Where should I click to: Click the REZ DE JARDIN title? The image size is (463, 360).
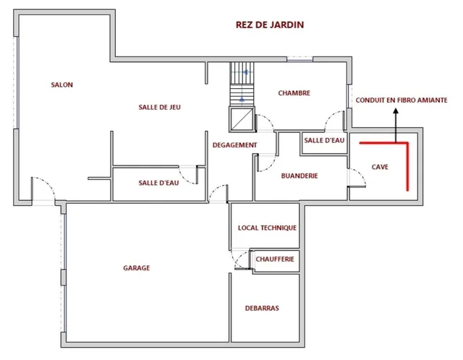tap(270, 25)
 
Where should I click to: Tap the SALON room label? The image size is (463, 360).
tap(61, 85)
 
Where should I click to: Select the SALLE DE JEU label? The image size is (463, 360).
tap(159, 107)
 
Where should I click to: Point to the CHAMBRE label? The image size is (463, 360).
tap(294, 93)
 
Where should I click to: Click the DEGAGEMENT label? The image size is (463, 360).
tap(234, 145)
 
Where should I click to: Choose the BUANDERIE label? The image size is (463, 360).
tap(300, 176)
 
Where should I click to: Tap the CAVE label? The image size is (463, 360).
tap(380, 167)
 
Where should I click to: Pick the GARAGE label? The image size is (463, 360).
tap(137, 268)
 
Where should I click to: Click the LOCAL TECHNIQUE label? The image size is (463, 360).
tap(267, 228)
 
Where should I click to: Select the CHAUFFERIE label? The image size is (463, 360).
tap(275, 259)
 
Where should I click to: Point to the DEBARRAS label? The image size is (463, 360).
tap(262, 308)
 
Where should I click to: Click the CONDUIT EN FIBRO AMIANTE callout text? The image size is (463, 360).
tap(402, 100)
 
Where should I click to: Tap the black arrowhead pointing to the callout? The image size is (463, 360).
tap(396, 111)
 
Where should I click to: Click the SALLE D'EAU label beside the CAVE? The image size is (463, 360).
tap(324, 140)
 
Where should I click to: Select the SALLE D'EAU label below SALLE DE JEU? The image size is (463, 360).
tap(158, 183)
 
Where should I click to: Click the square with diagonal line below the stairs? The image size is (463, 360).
tap(242, 119)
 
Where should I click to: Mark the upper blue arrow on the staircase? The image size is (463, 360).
tap(246, 72)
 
